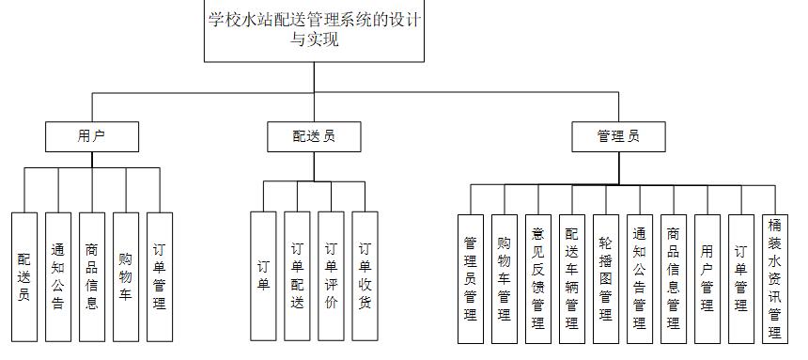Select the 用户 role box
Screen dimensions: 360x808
tap(92, 136)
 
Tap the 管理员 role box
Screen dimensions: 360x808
tap(618, 136)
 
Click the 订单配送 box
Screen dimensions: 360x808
tap(297, 275)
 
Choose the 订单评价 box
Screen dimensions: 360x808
tap(331, 275)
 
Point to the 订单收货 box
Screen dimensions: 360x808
tap(365, 275)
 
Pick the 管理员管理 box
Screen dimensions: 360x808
tap(471, 277)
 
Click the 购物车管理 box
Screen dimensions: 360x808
tap(505, 277)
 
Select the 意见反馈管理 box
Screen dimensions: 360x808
tap(538, 277)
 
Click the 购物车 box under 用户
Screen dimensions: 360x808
tap(126, 275)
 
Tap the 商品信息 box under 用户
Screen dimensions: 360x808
tap(92, 275)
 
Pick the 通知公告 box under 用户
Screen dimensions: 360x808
tap(58, 275)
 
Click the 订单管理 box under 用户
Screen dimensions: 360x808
tap(160, 275)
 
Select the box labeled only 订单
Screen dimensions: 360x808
tap(263, 275)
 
